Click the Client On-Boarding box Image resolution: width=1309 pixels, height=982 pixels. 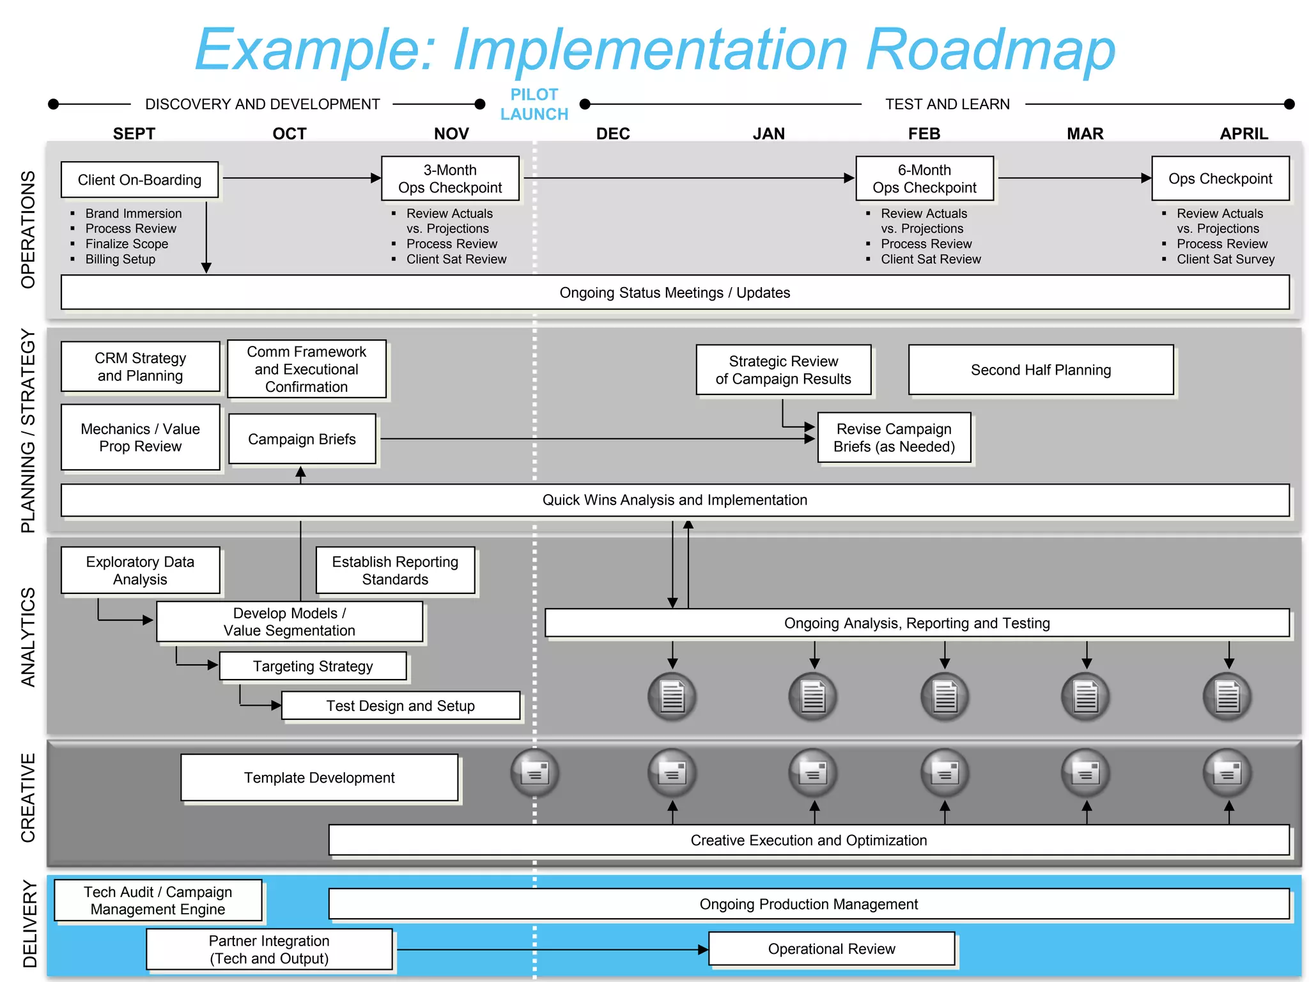pos(139,180)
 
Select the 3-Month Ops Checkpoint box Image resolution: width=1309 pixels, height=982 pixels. pos(450,178)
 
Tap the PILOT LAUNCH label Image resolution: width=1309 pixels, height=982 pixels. pos(534,104)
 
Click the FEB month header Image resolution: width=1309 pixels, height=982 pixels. pos(924,134)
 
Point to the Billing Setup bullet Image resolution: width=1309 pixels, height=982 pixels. pos(120,259)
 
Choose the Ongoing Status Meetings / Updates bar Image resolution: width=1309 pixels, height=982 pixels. pos(674,292)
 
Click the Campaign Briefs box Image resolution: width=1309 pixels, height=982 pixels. pos(302,439)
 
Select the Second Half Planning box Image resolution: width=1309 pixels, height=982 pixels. pos(1041,370)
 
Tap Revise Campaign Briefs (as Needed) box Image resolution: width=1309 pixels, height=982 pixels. pos(894,437)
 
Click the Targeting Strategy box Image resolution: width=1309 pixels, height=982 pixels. pos(313,666)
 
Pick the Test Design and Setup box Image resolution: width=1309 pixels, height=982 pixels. pos(400,705)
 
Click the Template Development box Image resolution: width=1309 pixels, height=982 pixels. pos(319,777)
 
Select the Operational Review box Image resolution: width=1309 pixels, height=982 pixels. pos(831,949)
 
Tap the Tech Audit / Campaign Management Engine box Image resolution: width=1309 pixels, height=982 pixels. pos(158,900)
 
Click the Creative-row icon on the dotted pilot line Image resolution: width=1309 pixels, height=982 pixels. pos(535,773)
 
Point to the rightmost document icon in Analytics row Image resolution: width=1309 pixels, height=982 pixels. pos(1227,696)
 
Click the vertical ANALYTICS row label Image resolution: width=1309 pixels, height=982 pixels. pos(28,637)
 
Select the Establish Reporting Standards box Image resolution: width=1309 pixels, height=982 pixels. pos(395,570)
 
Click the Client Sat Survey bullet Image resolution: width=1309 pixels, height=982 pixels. pos(1225,259)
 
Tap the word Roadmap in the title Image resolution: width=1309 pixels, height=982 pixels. pos(990,49)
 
